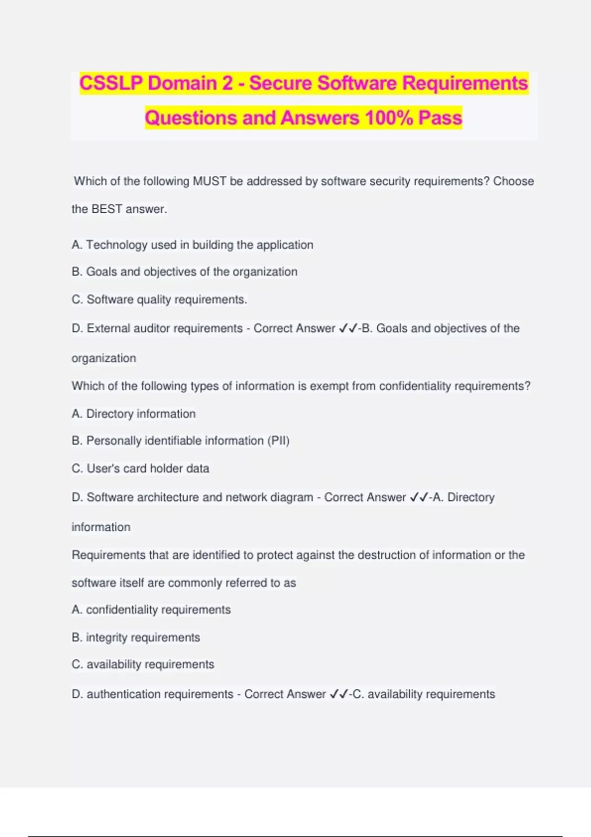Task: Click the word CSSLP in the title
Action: (x=111, y=83)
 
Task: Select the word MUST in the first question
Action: (x=209, y=181)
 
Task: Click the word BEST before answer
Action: (x=107, y=209)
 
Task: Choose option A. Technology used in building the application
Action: (x=192, y=245)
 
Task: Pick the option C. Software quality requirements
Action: (x=159, y=299)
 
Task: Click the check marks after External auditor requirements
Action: (x=348, y=328)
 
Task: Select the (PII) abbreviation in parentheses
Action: (x=278, y=441)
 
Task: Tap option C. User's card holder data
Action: (x=140, y=468)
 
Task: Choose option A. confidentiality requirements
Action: (x=151, y=610)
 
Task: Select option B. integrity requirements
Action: (x=135, y=638)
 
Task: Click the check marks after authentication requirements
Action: (x=339, y=694)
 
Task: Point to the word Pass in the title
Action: (x=440, y=118)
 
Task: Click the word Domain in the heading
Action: (x=182, y=83)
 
